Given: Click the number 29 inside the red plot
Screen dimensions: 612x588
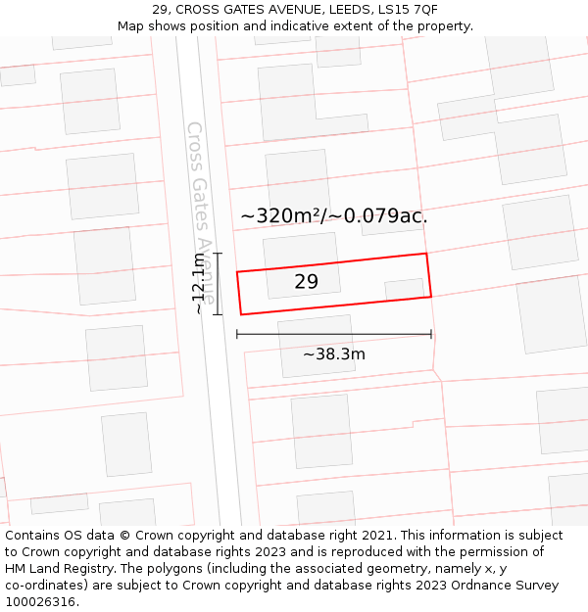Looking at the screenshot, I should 306,282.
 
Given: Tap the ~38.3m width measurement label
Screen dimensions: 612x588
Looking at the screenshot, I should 333,354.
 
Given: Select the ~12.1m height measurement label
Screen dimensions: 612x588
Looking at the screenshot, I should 199,283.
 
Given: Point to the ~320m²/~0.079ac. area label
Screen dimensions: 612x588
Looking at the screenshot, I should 333,216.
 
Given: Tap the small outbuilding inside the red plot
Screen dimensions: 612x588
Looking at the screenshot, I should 404,289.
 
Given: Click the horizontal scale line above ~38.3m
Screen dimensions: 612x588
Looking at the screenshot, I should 333,334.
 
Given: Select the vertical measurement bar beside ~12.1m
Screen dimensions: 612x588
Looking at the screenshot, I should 218,284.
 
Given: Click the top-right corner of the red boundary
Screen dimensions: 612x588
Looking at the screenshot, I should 426,254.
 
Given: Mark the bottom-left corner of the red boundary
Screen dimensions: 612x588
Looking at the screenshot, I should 241,314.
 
